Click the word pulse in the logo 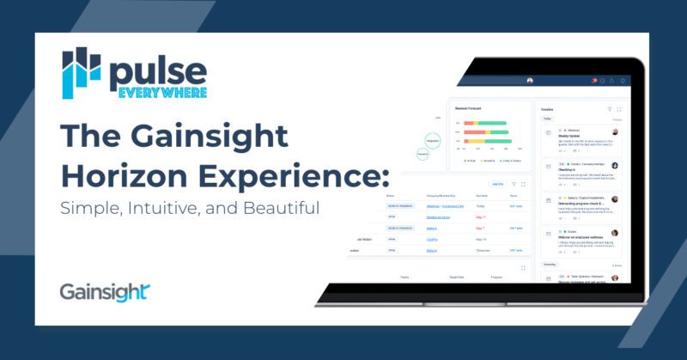pos(157,69)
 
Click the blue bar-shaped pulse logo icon pos(82,75)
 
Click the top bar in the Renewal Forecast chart pos(485,123)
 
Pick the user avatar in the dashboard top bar pos(530,81)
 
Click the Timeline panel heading pos(548,110)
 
